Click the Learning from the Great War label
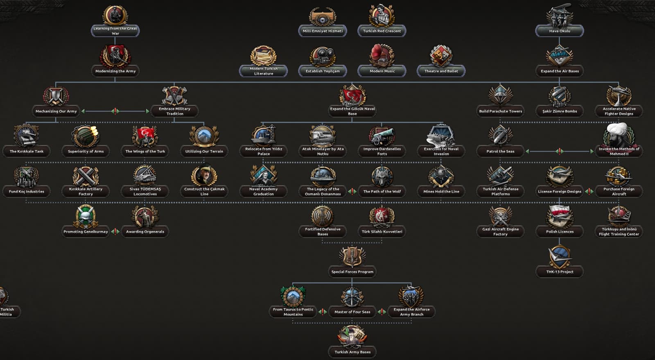click(x=115, y=31)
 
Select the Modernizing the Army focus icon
click(x=115, y=56)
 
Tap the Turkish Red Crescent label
click(x=382, y=31)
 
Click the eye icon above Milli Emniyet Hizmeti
click(x=323, y=16)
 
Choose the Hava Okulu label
click(x=560, y=31)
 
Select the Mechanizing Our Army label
click(x=56, y=111)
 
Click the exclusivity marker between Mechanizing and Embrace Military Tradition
click(x=115, y=111)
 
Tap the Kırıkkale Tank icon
click(x=26, y=136)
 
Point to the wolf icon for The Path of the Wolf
click(x=382, y=177)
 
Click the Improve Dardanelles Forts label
click(x=382, y=151)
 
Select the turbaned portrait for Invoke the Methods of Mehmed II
click(x=619, y=135)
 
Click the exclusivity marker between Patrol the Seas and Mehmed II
click(x=560, y=151)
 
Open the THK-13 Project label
click(x=560, y=272)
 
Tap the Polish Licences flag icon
click(x=560, y=216)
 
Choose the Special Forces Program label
click(x=352, y=272)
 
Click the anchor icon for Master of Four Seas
click(x=352, y=297)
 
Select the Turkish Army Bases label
click(x=352, y=352)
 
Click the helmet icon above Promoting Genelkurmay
click(x=86, y=216)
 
